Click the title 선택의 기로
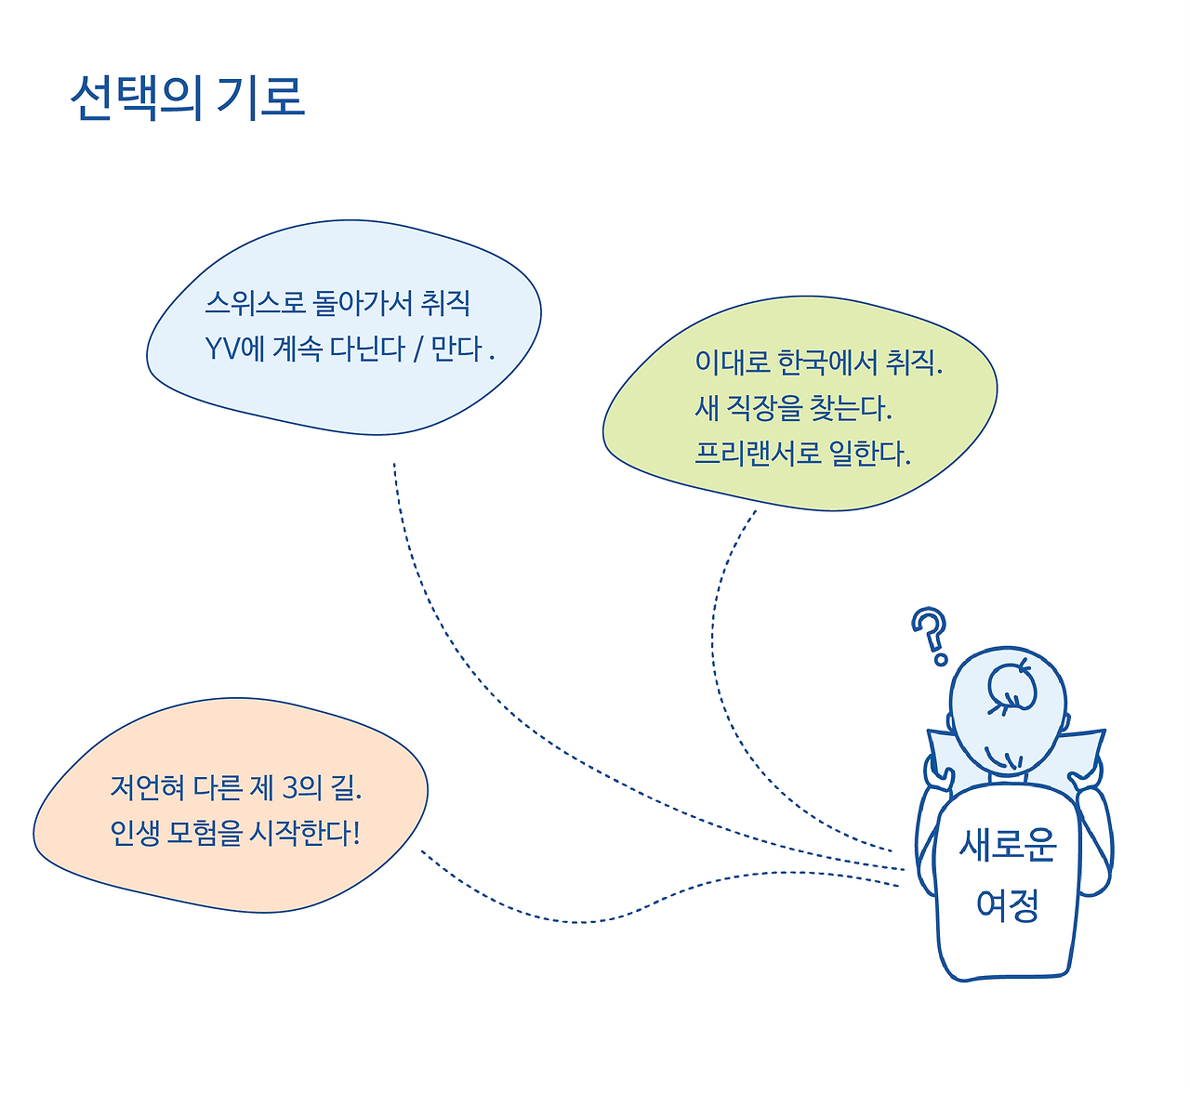click(x=187, y=96)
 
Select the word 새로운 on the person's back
click(x=1008, y=845)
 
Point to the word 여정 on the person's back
click(x=1007, y=904)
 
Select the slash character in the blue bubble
click(x=418, y=349)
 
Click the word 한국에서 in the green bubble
click(x=821, y=362)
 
